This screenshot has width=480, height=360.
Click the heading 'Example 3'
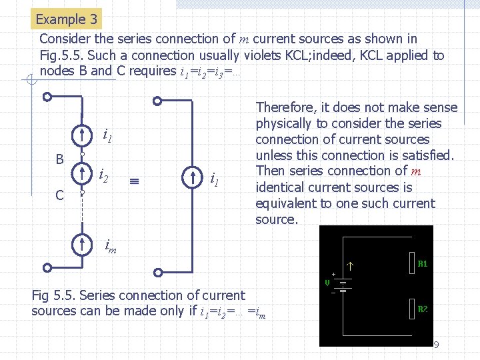pos(66,19)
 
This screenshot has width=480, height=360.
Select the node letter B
pos(59,160)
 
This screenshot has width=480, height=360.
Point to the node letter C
pos(59,195)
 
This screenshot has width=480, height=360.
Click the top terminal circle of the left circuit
pos(47,97)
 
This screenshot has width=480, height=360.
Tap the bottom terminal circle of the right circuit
pos(157,271)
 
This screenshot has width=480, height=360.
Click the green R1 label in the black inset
pos(422,264)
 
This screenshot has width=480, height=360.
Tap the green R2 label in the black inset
pos(422,309)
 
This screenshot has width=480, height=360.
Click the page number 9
pos(436,345)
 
